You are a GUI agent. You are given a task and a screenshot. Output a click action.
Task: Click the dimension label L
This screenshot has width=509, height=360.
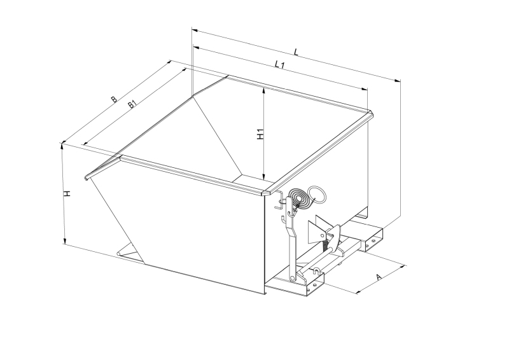coord(296,52)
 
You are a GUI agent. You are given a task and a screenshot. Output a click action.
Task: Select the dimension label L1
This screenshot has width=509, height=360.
coord(279,64)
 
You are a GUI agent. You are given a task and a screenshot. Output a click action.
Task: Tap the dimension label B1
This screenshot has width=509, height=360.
coord(132,104)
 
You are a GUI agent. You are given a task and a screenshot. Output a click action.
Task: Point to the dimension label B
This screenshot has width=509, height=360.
coord(114,99)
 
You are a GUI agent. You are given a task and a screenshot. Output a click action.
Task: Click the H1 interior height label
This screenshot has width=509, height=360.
coord(260,134)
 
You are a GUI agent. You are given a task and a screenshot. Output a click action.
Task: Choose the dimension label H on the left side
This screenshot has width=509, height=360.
coord(67,194)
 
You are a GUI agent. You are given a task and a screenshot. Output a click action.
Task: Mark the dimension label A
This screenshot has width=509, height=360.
coord(379,277)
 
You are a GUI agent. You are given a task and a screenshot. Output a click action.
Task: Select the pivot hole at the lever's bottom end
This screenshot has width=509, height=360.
coord(292,278)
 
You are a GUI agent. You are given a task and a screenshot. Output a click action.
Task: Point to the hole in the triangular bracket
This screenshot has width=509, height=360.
coord(322,235)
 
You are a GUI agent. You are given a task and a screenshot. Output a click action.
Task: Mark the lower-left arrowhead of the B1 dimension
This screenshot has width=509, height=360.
coord(86,143)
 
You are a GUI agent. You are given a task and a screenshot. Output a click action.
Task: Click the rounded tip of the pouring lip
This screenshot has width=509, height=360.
coord(86,178)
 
